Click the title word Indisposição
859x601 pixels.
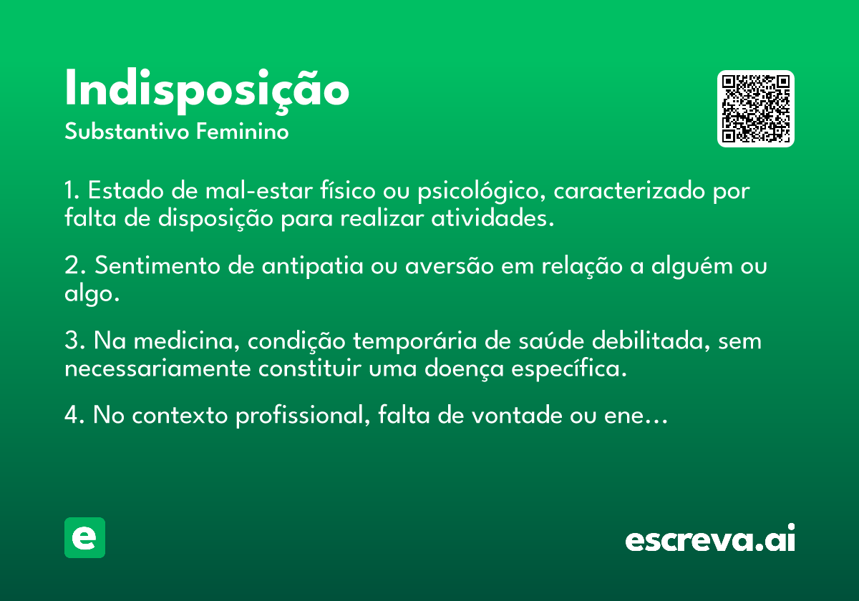pyautogui.click(x=207, y=92)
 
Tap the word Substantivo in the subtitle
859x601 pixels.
pyautogui.click(x=127, y=132)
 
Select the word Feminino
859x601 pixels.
pyautogui.click(x=243, y=131)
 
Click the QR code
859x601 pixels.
pyautogui.click(x=755, y=109)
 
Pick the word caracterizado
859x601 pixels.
pyautogui.click(x=629, y=190)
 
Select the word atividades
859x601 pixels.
pyautogui.click(x=492, y=218)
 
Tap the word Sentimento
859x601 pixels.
pyautogui.click(x=157, y=265)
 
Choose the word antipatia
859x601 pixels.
pyautogui.click(x=312, y=267)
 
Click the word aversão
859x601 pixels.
pyautogui.click(x=450, y=265)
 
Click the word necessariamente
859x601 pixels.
pyautogui.click(x=157, y=368)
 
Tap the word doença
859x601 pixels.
pyautogui.click(x=464, y=369)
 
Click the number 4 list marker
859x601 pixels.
pyautogui.click(x=74, y=415)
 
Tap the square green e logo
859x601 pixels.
pyautogui.click(x=84, y=537)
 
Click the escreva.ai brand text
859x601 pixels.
pyautogui.click(x=710, y=537)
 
